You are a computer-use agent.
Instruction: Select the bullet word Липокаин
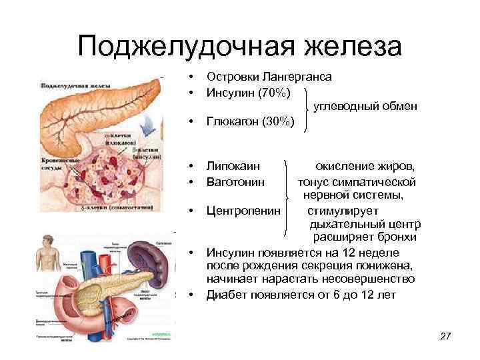point(233,165)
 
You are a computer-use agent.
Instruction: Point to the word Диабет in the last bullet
point(227,294)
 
